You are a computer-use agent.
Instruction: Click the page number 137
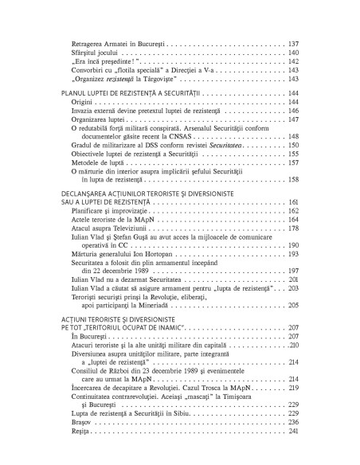tap(292, 41)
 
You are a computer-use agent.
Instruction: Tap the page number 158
tap(292, 182)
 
